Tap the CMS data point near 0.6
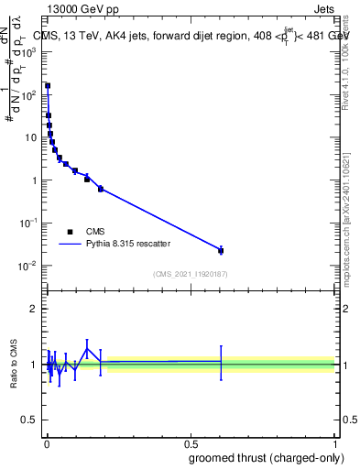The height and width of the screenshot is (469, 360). (221, 250)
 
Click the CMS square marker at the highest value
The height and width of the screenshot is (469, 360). (48, 85)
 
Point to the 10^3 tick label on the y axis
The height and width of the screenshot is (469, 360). (29, 52)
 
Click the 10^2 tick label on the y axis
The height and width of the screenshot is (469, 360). (29, 94)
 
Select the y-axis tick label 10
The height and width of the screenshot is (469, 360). (31, 137)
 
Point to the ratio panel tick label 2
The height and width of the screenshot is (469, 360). (33, 309)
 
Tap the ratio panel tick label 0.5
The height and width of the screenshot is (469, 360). (30, 420)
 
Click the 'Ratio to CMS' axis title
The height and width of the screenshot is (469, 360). (15, 364)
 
